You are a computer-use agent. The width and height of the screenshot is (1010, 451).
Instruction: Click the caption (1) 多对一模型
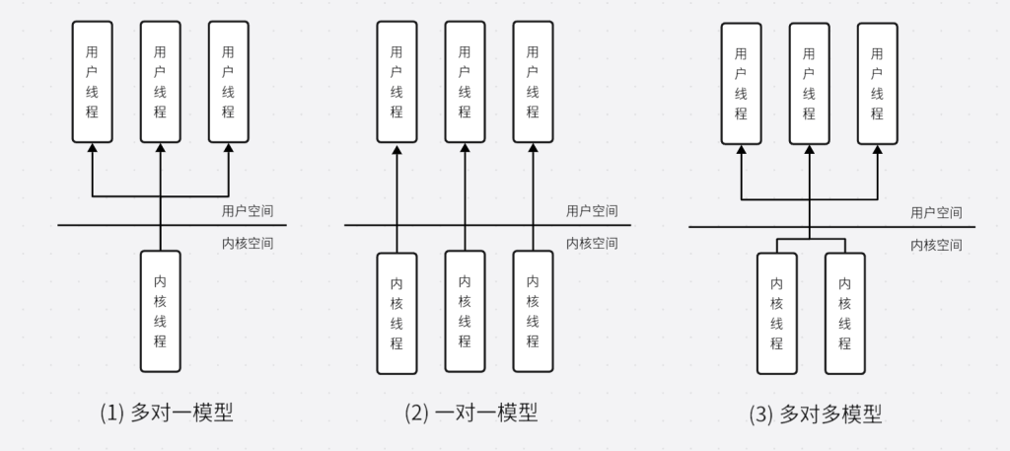coord(167,413)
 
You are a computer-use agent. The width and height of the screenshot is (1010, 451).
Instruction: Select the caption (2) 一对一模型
coord(470,413)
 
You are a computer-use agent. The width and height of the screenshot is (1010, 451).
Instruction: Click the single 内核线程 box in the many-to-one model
coord(160,311)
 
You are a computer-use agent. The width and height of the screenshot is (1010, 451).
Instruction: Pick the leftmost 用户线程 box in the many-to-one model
coord(92,80)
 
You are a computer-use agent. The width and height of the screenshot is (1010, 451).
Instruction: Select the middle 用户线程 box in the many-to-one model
coord(160,80)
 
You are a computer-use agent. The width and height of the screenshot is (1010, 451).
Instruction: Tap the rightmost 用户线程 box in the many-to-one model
coord(228,80)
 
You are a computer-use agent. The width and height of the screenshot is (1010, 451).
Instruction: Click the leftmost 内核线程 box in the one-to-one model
coord(397,313)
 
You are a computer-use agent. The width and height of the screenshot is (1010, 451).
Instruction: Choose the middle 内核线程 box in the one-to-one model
coord(465,313)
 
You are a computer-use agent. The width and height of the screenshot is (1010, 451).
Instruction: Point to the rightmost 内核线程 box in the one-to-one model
coord(533,313)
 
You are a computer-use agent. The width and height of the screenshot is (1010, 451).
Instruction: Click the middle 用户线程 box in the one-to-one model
coord(465,80)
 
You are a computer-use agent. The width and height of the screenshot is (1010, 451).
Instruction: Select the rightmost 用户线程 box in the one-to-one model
coord(533,80)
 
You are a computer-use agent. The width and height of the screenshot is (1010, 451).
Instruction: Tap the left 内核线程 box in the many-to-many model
coord(776,314)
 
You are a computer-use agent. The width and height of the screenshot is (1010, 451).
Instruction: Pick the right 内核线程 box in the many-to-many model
coord(844,314)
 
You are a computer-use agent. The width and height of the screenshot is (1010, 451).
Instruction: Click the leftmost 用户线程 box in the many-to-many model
coord(741,83)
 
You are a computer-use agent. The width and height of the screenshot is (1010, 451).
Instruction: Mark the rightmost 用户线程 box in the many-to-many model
coord(877,83)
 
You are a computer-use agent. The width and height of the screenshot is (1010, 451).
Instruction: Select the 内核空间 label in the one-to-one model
coord(592,244)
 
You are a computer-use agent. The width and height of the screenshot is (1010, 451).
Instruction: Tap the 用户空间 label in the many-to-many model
coord(937,212)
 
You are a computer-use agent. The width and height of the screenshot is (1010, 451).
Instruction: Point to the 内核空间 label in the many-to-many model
coord(937,246)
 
